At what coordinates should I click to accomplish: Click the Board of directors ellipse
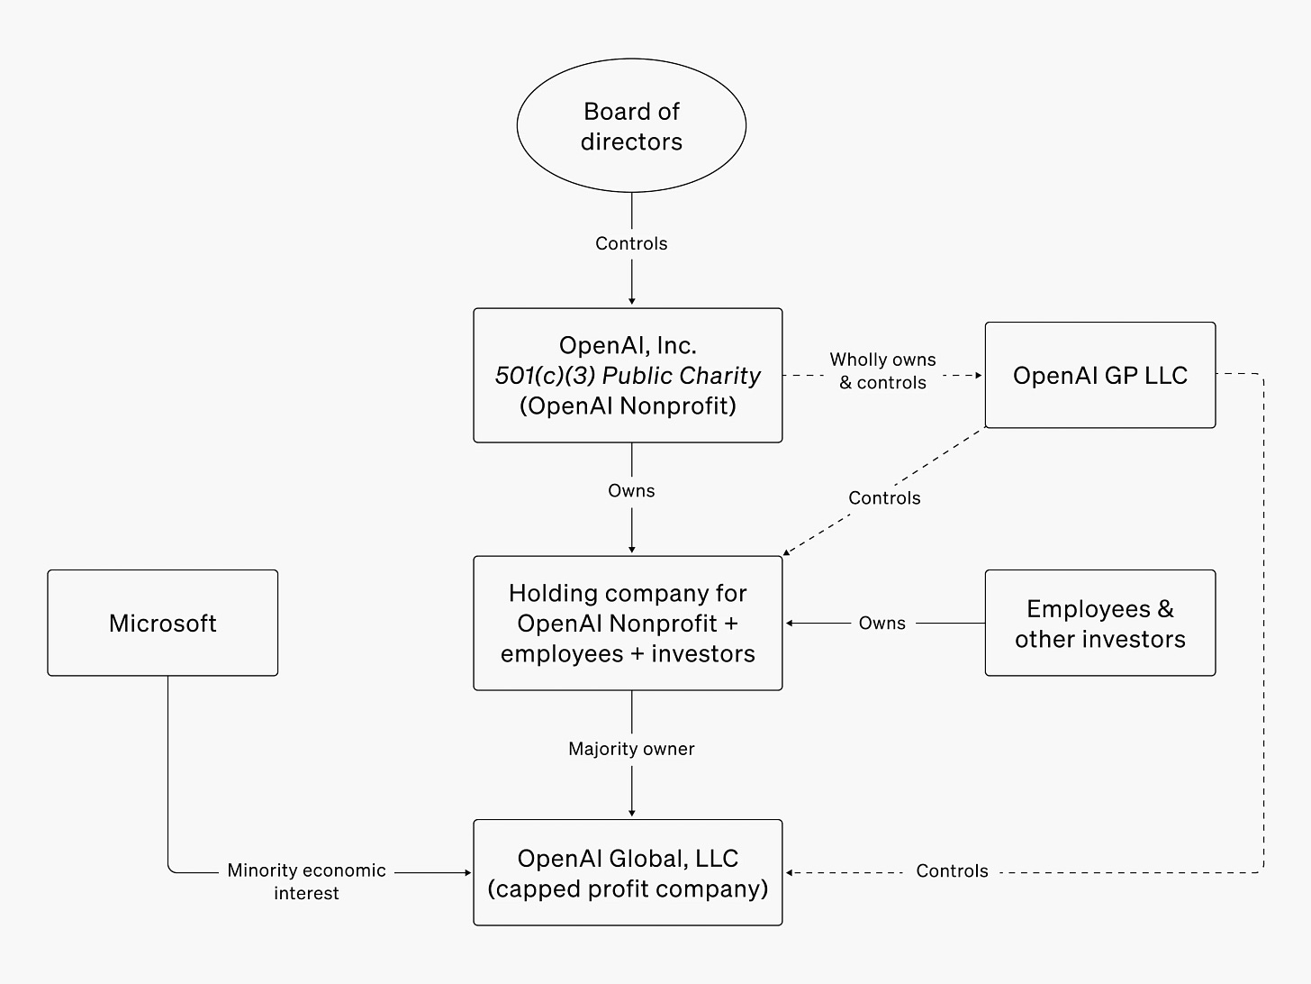[631, 126]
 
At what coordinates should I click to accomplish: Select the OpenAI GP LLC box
[1099, 375]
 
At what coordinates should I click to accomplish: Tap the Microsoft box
[163, 623]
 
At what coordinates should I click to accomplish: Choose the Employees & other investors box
[1099, 623]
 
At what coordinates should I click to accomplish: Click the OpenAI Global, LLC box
[628, 872]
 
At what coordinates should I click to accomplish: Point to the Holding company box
[628, 623]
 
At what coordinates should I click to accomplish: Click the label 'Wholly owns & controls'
[882, 371]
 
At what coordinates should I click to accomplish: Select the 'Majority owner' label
[631, 749]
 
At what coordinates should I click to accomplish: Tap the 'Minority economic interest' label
[306, 881]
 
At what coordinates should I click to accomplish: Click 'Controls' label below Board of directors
[631, 243]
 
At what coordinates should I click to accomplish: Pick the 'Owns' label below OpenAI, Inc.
[631, 490]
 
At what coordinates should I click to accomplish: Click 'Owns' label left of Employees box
[882, 623]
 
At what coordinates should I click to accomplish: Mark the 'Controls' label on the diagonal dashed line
[884, 498]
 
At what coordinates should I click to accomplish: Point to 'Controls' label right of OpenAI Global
[952, 871]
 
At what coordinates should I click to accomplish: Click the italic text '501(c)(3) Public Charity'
[628, 376]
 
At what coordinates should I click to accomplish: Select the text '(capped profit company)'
[628, 889]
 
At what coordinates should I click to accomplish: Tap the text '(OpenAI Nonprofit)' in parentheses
[628, 405]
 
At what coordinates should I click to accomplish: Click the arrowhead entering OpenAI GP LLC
[979, 375]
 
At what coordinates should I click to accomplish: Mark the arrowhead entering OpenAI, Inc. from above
[631, 302]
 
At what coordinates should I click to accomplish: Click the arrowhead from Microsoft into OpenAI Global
[466, 872]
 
